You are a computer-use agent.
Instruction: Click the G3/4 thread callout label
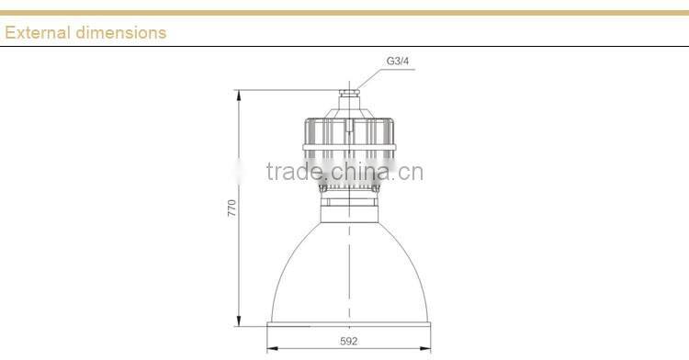398,62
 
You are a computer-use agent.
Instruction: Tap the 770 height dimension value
232,208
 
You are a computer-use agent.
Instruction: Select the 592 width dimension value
347,341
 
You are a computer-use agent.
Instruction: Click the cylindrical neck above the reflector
348,212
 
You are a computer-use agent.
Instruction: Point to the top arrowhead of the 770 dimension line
239,93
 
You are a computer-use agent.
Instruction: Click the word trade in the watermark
292,172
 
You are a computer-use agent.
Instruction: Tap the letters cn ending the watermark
412,172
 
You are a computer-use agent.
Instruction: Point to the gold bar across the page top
344,13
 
